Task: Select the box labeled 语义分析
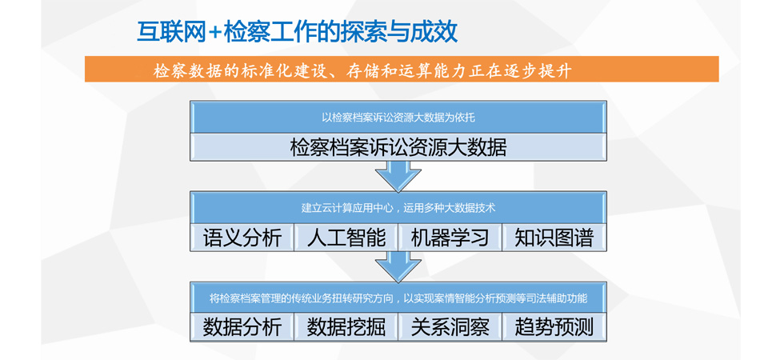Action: tap(242, 238)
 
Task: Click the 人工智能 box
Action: tap(346, 238)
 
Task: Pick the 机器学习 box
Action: tap(450, 238)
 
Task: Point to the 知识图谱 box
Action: tap(554, 238)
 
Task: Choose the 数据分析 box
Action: tap(242, 327)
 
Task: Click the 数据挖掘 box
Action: tap(346, 327)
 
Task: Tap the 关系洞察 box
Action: tap(450, 327)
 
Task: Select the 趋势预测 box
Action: tap(554, 327)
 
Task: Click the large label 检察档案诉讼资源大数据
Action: tap(398, 147)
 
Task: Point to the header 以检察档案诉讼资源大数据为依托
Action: tap(398, 118)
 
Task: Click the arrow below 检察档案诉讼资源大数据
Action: tap(398, 174)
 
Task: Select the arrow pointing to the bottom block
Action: tap(398, 265)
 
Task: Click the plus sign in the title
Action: tap(214, 31)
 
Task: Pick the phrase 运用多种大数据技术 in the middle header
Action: tap(450, 208)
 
